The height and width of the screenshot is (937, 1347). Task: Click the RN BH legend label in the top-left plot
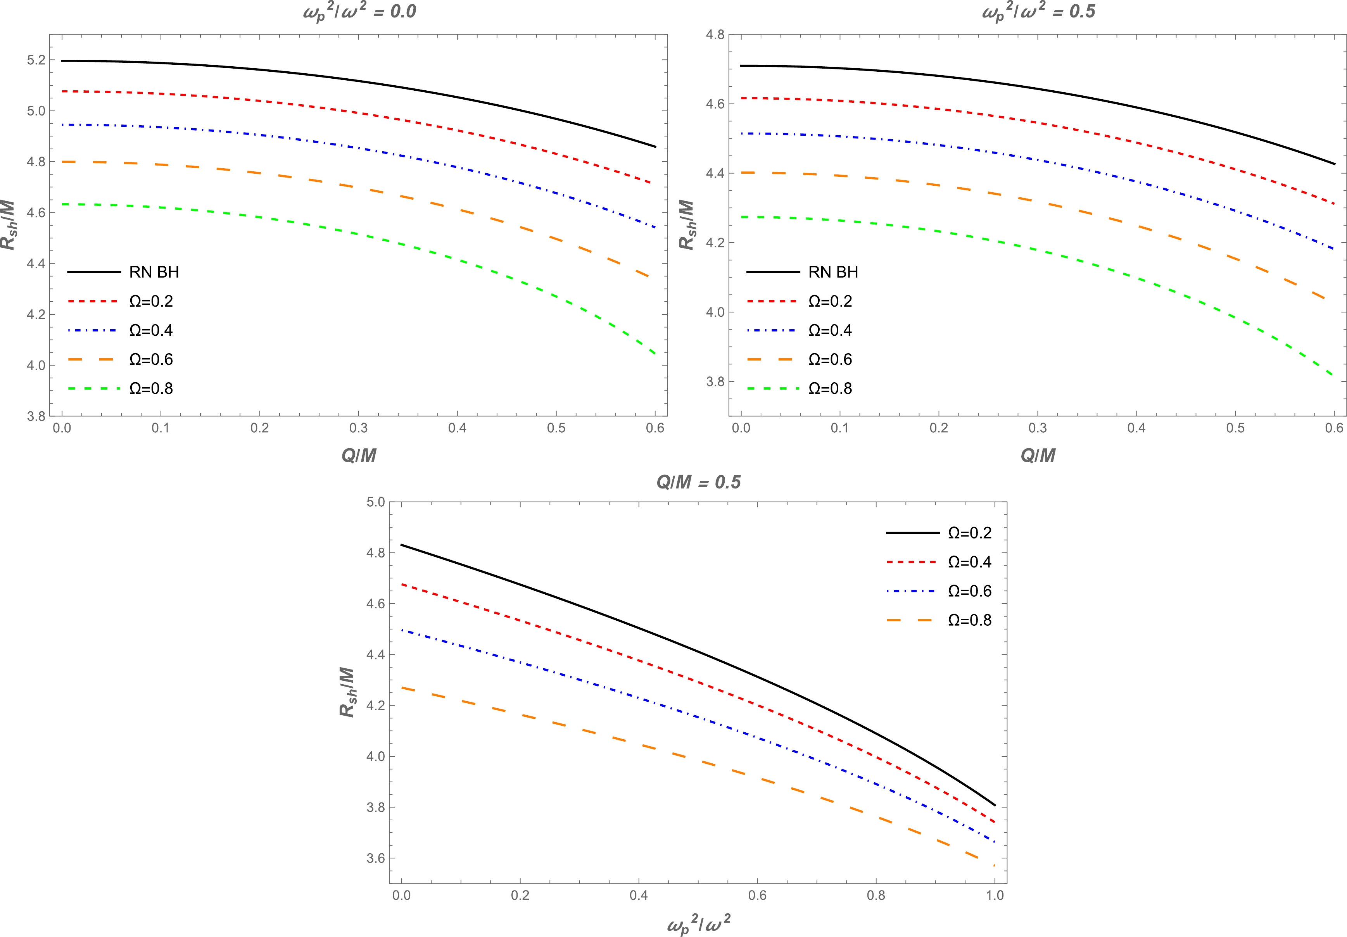click(154, 272)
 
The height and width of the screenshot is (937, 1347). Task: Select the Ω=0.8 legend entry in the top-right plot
click(829, 388)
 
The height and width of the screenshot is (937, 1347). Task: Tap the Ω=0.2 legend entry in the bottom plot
click(969, 533)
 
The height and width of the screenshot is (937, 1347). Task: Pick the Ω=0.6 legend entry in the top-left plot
click(151, 359)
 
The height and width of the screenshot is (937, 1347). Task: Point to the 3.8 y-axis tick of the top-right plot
click(715, 382)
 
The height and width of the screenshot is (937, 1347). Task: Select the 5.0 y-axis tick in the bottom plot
click(375, 502)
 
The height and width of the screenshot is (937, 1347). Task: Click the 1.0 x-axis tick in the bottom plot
click(995, 896)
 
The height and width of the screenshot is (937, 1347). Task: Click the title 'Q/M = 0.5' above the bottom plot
click(698, 482)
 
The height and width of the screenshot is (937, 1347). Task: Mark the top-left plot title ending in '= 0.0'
click(359, 12)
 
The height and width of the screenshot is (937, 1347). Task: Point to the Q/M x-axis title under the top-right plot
click(1038, 455)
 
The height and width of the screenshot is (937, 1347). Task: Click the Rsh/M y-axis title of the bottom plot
click(347, 692)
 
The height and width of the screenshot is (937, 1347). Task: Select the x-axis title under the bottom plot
click(699, 925)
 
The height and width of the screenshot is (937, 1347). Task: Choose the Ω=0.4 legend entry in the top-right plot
click(829, 330)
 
